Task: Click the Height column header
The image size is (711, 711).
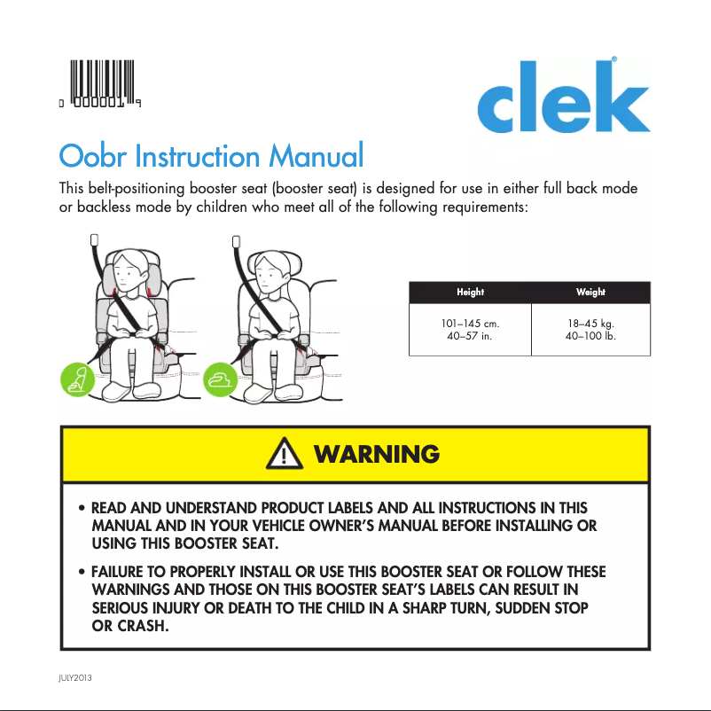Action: click(x=470, y=293)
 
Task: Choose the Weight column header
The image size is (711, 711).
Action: click(x=590, y=293)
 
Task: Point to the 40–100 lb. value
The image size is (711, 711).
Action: click(x=590, y=336)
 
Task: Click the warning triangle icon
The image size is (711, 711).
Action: click(x=282, y=455)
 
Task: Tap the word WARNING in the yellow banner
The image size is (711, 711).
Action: click(x=376, y=455)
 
